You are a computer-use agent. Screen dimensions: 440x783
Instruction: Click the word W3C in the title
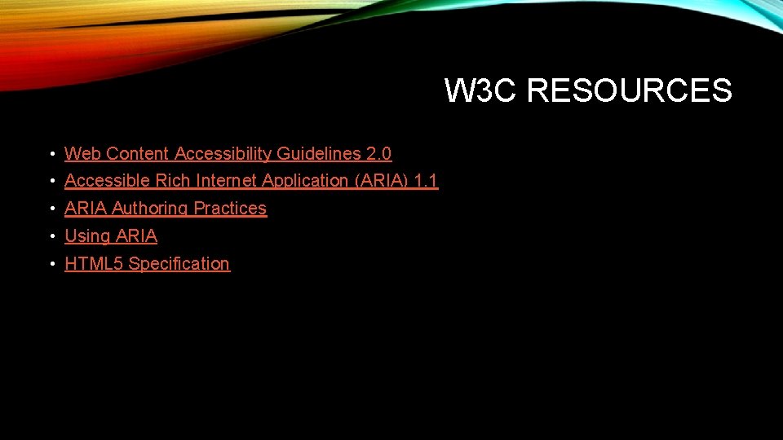tap(481, 90)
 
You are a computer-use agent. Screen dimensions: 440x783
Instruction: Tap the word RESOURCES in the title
tap(629, 90)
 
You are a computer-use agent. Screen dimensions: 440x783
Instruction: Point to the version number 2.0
tap(378, 153)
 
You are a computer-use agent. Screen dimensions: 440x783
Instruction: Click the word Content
tap(138, 153)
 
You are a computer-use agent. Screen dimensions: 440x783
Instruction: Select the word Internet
tap(225, 181)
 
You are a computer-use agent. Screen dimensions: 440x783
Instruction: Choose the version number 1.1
tap(427, 181)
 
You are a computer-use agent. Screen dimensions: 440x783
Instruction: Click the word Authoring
tap(150, 209)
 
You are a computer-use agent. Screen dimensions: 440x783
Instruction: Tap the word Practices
tap(230, 209)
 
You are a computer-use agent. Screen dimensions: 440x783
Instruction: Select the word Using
tap(87, 236)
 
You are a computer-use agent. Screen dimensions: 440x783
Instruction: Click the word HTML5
tap(94, 264)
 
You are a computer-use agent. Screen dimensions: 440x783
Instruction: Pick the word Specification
tap(179, 264)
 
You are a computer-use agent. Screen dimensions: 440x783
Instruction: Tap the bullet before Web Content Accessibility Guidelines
tap(51, 154)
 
